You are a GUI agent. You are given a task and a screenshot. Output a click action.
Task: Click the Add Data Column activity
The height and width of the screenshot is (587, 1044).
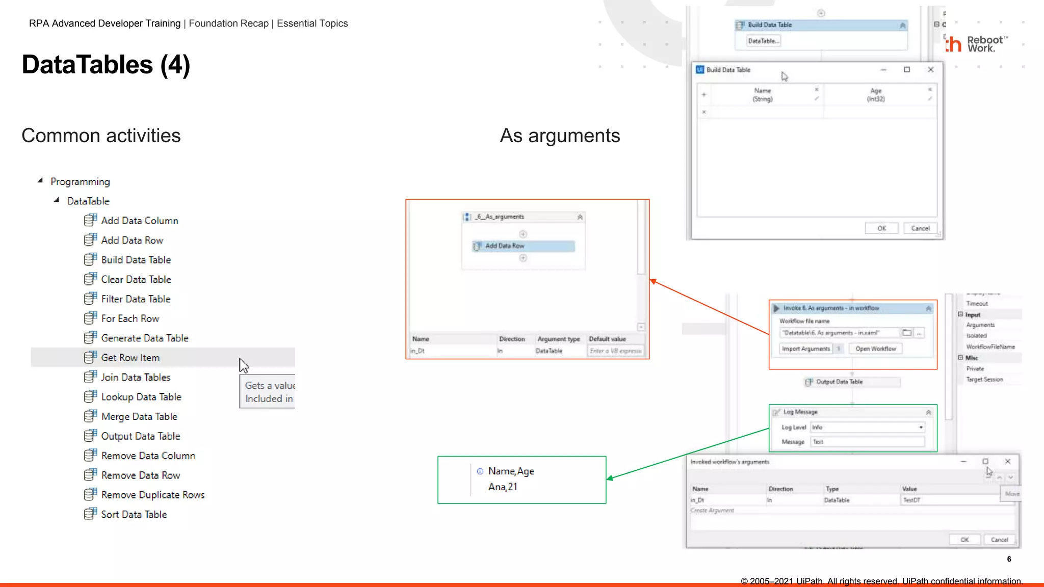(x=139, y=221)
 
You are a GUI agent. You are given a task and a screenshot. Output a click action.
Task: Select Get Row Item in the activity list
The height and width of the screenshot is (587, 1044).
(x=130, y=358)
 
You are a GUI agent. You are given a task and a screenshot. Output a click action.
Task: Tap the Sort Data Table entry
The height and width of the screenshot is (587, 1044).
(x=134, y=515)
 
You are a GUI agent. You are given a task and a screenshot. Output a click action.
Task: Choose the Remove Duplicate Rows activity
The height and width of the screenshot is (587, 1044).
(x=152, y=495)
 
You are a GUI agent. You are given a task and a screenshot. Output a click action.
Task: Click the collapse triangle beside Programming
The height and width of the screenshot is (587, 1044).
(x=40, y=180)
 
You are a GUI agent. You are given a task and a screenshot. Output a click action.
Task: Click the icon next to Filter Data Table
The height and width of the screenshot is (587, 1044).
(x=90, y=299)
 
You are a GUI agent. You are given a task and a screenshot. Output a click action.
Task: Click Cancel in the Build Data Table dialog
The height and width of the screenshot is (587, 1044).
(x=920, y=228)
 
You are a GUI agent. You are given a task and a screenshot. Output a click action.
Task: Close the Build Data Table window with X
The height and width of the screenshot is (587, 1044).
(x=930, y=70)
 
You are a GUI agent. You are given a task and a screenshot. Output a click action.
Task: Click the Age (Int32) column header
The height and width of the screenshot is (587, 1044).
(x=875, y=95)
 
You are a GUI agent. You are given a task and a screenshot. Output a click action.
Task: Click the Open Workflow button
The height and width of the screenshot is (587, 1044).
(x=875, y=349)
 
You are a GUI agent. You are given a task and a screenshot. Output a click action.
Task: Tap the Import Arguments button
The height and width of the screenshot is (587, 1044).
(x=805, y=349)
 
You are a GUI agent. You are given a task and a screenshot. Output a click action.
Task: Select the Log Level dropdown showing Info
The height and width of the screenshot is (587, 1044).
(x=867, y=427)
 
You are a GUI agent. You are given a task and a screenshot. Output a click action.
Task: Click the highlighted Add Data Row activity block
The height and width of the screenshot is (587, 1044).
(x=524, y=246)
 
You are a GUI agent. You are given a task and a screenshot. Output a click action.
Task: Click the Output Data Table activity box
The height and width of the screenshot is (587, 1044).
(x=852, y=382)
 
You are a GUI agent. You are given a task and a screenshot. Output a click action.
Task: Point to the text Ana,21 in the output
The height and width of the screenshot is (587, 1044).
(x=503, y=487)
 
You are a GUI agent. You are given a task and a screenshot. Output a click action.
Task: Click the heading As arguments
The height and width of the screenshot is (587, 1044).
(x=560, y=136)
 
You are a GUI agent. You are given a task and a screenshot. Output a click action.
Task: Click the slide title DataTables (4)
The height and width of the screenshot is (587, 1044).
(x=106, y=65)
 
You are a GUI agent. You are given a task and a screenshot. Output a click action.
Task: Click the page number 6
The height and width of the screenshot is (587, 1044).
(x=1009, y=559)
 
